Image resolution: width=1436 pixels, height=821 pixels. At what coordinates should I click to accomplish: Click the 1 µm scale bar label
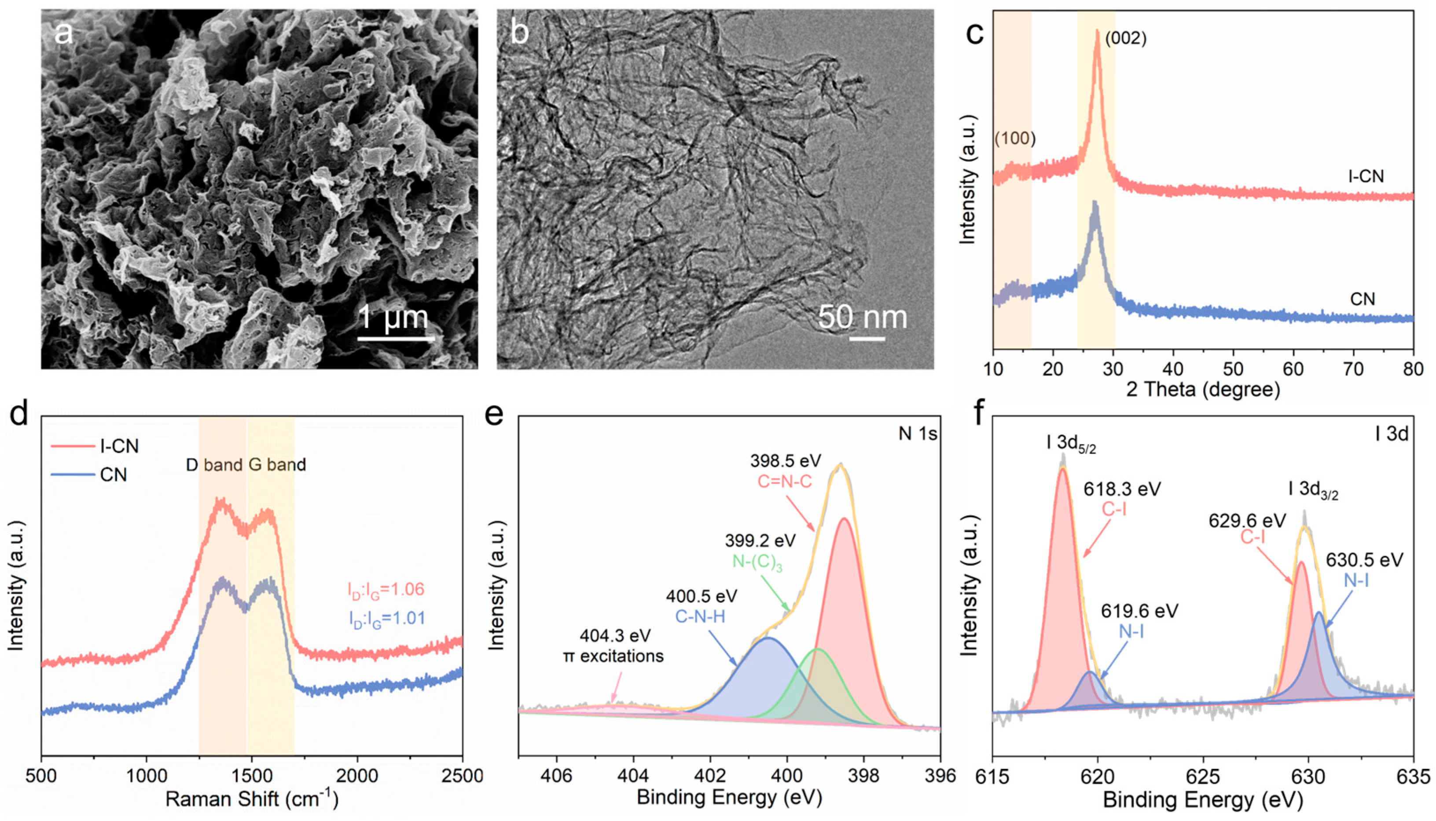(x=393, y=317)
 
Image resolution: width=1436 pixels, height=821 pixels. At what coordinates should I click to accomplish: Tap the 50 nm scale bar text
(x=863, y=317)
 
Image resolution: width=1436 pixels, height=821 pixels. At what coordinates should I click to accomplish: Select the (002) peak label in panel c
(x=1125, y=38)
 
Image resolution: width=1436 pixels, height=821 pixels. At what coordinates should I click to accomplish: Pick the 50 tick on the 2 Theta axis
(x=1234, y=369)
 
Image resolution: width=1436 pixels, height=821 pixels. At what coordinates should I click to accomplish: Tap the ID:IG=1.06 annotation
(x=386, y=590)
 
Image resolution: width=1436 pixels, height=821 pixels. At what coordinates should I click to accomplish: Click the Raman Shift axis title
(x=252, y=799)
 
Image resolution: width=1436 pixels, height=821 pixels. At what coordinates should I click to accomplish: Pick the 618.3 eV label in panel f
(x=1122, y=489)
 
